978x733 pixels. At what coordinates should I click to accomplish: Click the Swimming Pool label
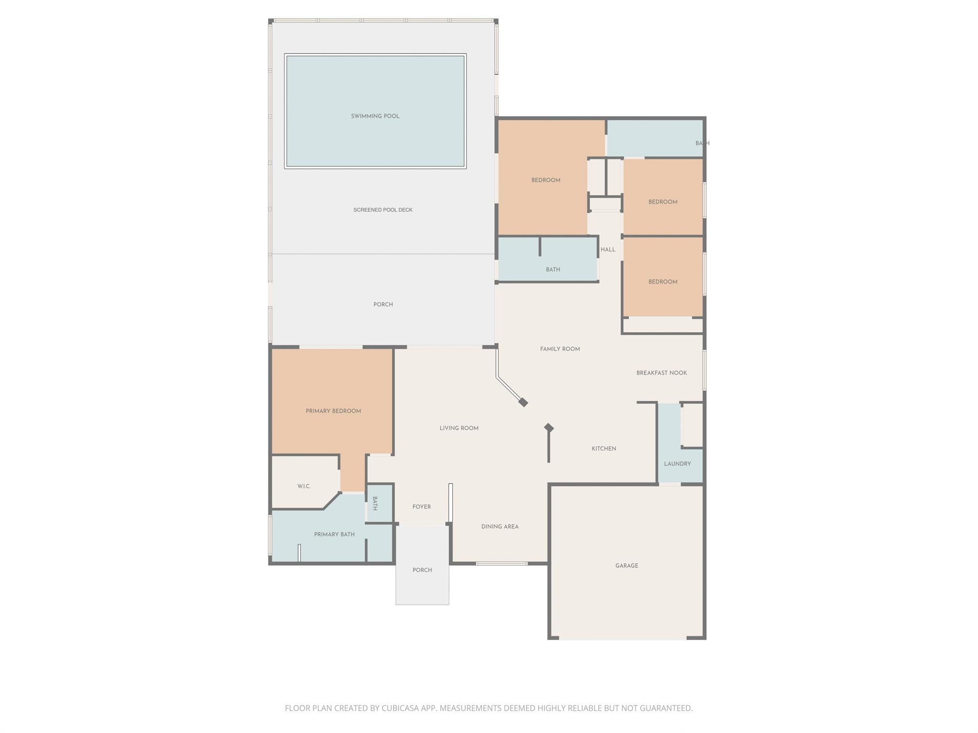pyautogui.click(x=375, y=116)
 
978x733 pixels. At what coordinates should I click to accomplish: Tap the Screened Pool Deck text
pyautogui.click(x=383, y=210)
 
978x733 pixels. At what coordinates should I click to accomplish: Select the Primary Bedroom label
pyautogui.click(x=333, y=411)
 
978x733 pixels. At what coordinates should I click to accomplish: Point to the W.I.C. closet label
pyautogui.click(x=304, y=486)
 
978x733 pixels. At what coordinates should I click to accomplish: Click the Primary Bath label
pyautogui.click(x=334, y=534)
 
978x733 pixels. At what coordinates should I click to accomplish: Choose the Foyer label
pyautogui.click(x=422, y=507)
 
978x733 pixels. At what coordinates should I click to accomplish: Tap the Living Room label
pyautogui.click(x=459, y=428)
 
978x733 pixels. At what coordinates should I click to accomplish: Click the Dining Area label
pyautogui.click(x=500, y=527)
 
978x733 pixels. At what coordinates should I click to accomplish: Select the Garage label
pyautogui.click(x=627, y=566)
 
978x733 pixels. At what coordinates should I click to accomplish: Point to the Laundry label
pyautogui.click(x=677, y=464)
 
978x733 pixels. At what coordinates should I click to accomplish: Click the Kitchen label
pyautogui.click(x=604, y=449)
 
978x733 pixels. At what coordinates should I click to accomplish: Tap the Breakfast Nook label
pyautogui.click(x=661, y=373)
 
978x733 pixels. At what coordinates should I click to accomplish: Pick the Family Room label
pyautogui.click(x=560, y=349)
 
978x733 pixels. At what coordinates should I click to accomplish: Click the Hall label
pyautogui.click(x=608, y=250)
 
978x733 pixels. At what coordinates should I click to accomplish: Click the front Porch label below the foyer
pyautogui.click(x=422, y=570)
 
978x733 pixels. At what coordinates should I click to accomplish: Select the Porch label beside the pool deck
pyautogui.click(x=383, y=304)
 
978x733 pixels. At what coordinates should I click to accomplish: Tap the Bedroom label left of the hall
pyautogui.click(x=546, y=180)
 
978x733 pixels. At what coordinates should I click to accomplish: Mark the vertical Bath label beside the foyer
pyautogui.click(x=375, y=503)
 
